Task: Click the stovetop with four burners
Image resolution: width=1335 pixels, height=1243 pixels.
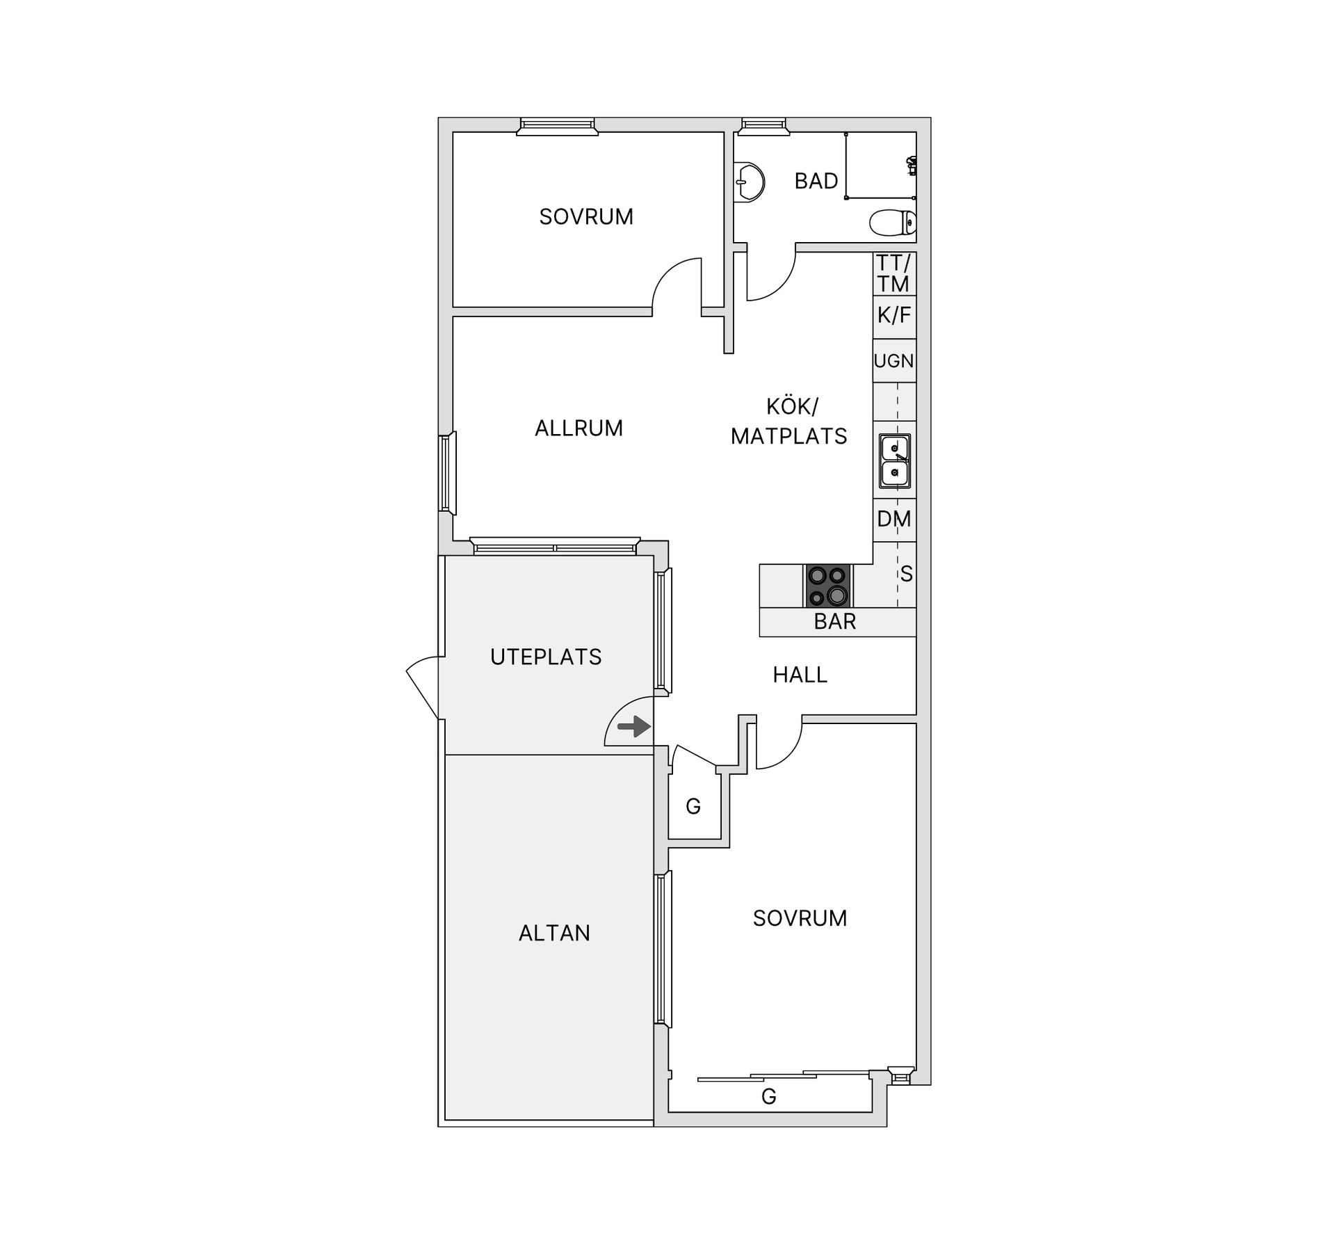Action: (827, 586)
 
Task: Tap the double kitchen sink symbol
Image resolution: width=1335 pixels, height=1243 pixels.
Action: (895, 460)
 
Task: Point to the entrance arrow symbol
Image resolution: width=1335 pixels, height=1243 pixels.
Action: (633, 728)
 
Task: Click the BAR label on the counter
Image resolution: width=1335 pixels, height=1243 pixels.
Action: (834, 622)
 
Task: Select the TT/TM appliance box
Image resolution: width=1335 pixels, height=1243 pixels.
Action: (893, 273)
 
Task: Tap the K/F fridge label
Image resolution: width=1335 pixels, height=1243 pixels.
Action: (893, 316)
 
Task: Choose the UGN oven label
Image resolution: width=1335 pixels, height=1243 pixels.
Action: (893, 361)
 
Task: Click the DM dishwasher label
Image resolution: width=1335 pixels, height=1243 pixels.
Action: (893, 519)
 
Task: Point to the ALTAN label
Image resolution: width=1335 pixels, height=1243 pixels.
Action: (554, 933)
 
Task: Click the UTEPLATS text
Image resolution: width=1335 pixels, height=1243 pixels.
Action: (546, 657)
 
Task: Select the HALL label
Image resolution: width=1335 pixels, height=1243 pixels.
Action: (800, 675)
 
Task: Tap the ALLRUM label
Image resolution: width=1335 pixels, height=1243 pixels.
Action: (578, 428)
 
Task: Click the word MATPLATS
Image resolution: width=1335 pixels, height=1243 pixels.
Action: (788, 436)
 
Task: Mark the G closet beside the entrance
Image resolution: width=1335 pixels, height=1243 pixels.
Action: (693, 806)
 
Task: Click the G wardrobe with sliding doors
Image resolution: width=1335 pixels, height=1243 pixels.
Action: (768, 1096)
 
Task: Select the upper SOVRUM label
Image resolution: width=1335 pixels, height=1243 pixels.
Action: (586, 217)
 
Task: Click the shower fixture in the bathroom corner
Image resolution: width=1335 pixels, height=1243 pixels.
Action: (912, 166)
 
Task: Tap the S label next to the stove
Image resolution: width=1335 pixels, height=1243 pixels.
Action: (906, 575)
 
